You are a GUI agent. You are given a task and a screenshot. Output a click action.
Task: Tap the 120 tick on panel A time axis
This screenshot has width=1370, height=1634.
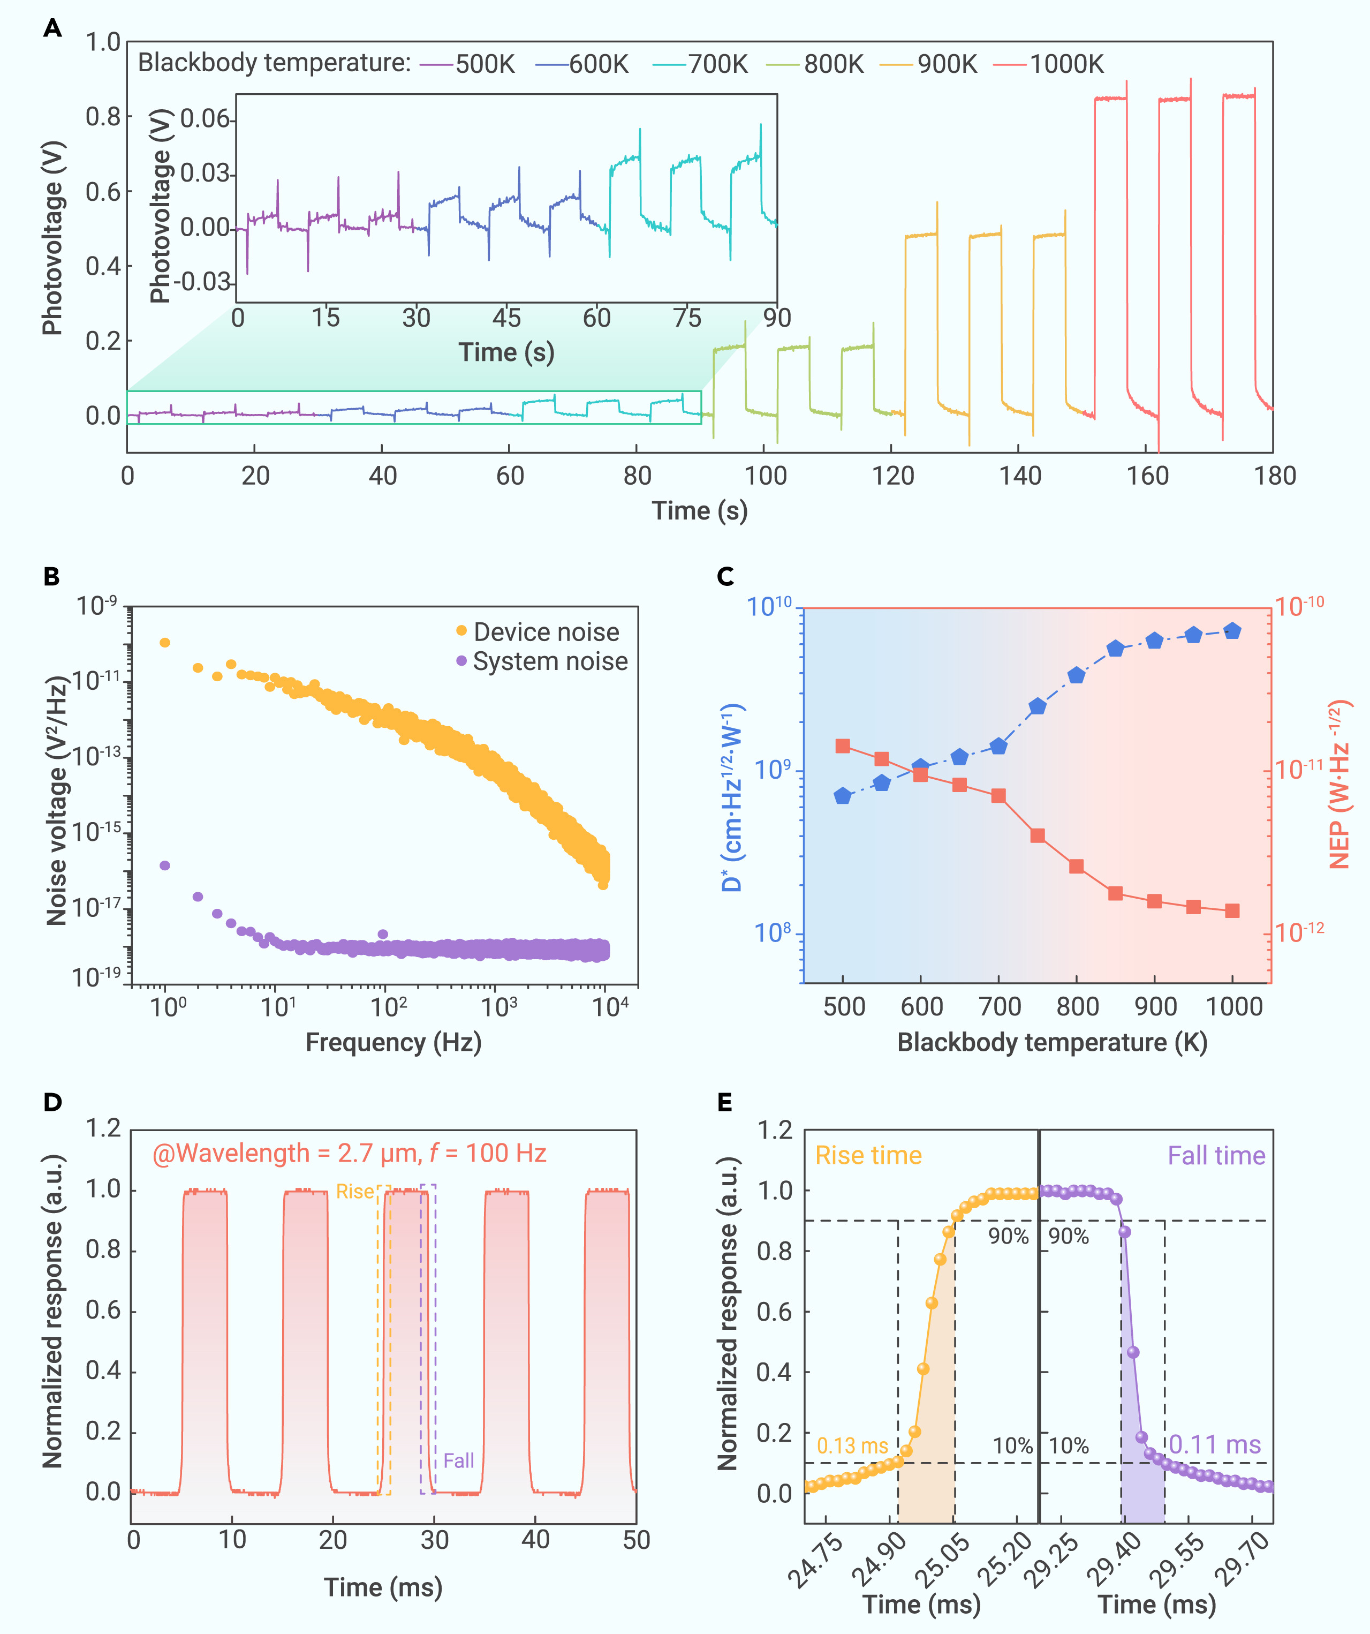892,476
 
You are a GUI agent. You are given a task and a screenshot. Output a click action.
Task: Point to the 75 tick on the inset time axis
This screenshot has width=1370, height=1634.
687,318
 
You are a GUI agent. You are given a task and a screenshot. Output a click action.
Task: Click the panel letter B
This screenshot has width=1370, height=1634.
51,577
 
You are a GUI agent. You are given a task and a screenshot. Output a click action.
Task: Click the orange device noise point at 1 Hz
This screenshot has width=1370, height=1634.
165,643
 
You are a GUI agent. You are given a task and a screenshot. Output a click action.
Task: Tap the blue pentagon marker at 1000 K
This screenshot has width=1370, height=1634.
1232,631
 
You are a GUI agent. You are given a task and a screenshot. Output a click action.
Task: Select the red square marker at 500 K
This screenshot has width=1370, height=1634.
843,746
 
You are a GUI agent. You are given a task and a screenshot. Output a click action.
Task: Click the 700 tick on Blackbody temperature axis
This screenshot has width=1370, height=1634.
1000,1006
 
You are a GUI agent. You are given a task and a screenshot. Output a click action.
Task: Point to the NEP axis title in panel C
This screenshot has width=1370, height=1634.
1339,786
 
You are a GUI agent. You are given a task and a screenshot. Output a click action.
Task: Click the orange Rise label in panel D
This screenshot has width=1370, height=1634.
355,1191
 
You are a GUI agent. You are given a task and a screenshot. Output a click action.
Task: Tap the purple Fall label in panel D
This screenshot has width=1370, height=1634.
458,1460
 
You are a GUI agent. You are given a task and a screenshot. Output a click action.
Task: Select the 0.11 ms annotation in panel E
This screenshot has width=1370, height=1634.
1214,1444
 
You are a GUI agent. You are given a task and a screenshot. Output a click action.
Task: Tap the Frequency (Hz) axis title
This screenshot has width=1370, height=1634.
393,1042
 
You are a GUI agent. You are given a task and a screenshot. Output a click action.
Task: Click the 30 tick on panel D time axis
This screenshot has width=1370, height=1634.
434,1539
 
